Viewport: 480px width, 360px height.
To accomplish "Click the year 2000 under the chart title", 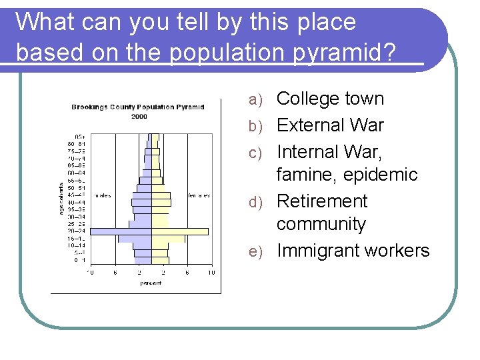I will point(139,116).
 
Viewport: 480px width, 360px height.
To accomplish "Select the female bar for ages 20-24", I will point(180,231).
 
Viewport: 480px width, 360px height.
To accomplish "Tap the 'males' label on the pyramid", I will point(103,195).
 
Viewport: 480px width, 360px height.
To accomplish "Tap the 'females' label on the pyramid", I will point(198,195).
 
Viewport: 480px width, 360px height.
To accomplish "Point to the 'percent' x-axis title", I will point(151,283).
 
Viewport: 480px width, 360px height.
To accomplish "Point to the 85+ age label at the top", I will point(79,136).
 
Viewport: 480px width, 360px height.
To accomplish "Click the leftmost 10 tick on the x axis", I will point(90,272).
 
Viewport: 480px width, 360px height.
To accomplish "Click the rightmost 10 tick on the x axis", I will point(211,272).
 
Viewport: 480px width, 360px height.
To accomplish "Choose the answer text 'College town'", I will point(330,99).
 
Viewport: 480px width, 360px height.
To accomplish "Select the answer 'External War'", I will point(330,125).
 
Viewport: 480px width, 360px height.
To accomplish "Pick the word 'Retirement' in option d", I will point(322,201).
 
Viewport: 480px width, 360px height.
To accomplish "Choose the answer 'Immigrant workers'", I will point(353,251).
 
